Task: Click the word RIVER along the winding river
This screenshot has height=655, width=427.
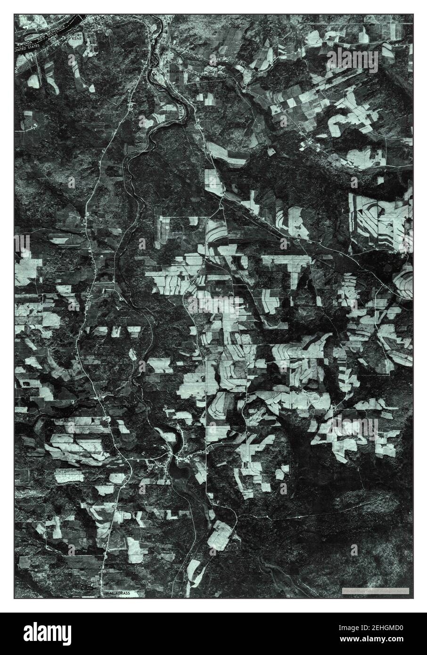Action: click(182, 110)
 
